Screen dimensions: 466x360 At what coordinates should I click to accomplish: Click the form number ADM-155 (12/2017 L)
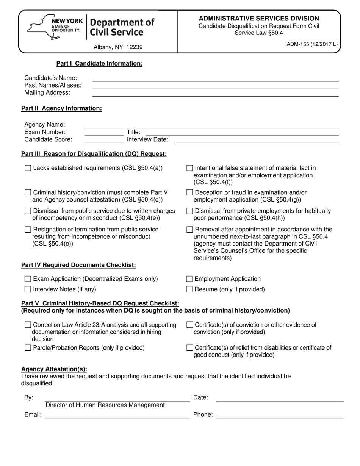coord(312,44)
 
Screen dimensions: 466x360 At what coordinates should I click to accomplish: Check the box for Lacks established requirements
coord(28,168)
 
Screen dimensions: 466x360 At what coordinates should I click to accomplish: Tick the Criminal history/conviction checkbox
coord(28,192)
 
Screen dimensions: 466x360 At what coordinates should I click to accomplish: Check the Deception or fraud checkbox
coord(190,192)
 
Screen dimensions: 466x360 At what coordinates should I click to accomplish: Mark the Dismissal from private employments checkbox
coord(190,211)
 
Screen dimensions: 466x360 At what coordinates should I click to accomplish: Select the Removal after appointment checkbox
coord(190,230)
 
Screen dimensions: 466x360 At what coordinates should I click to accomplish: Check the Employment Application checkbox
coord(190,279)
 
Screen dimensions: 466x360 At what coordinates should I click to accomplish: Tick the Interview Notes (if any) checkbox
coord(28,289)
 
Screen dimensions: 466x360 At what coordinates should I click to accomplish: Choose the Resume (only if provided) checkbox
coord(190,289)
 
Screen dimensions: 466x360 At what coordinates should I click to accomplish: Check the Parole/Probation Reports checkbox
coord(28,348)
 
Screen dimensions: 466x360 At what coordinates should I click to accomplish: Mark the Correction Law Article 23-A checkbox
coord(28,325)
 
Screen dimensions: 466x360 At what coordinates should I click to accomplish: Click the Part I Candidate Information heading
coord(99,64)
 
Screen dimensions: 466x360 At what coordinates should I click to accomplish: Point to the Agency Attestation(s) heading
coord(54,369)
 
